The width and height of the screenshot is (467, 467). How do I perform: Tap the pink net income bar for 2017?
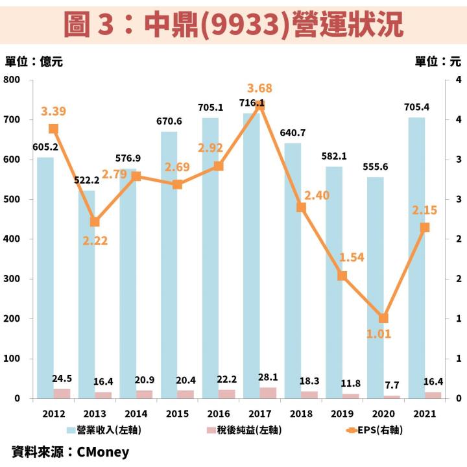click(x=267, y=392)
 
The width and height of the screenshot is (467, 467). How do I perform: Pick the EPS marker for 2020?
click(x=383, y=318)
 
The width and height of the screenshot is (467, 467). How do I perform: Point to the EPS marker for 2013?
click(x=95, y=222)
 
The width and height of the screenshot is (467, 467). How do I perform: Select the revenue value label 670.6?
click(x=169, y=121)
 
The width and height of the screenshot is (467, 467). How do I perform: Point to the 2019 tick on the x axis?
click(x=342, y=413)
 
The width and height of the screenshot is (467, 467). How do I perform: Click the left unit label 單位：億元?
click(x=34, y=62)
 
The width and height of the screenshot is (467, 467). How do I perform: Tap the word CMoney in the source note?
click(x=103, y=452)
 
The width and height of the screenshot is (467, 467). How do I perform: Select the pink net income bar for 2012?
click(x=62, y=393)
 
